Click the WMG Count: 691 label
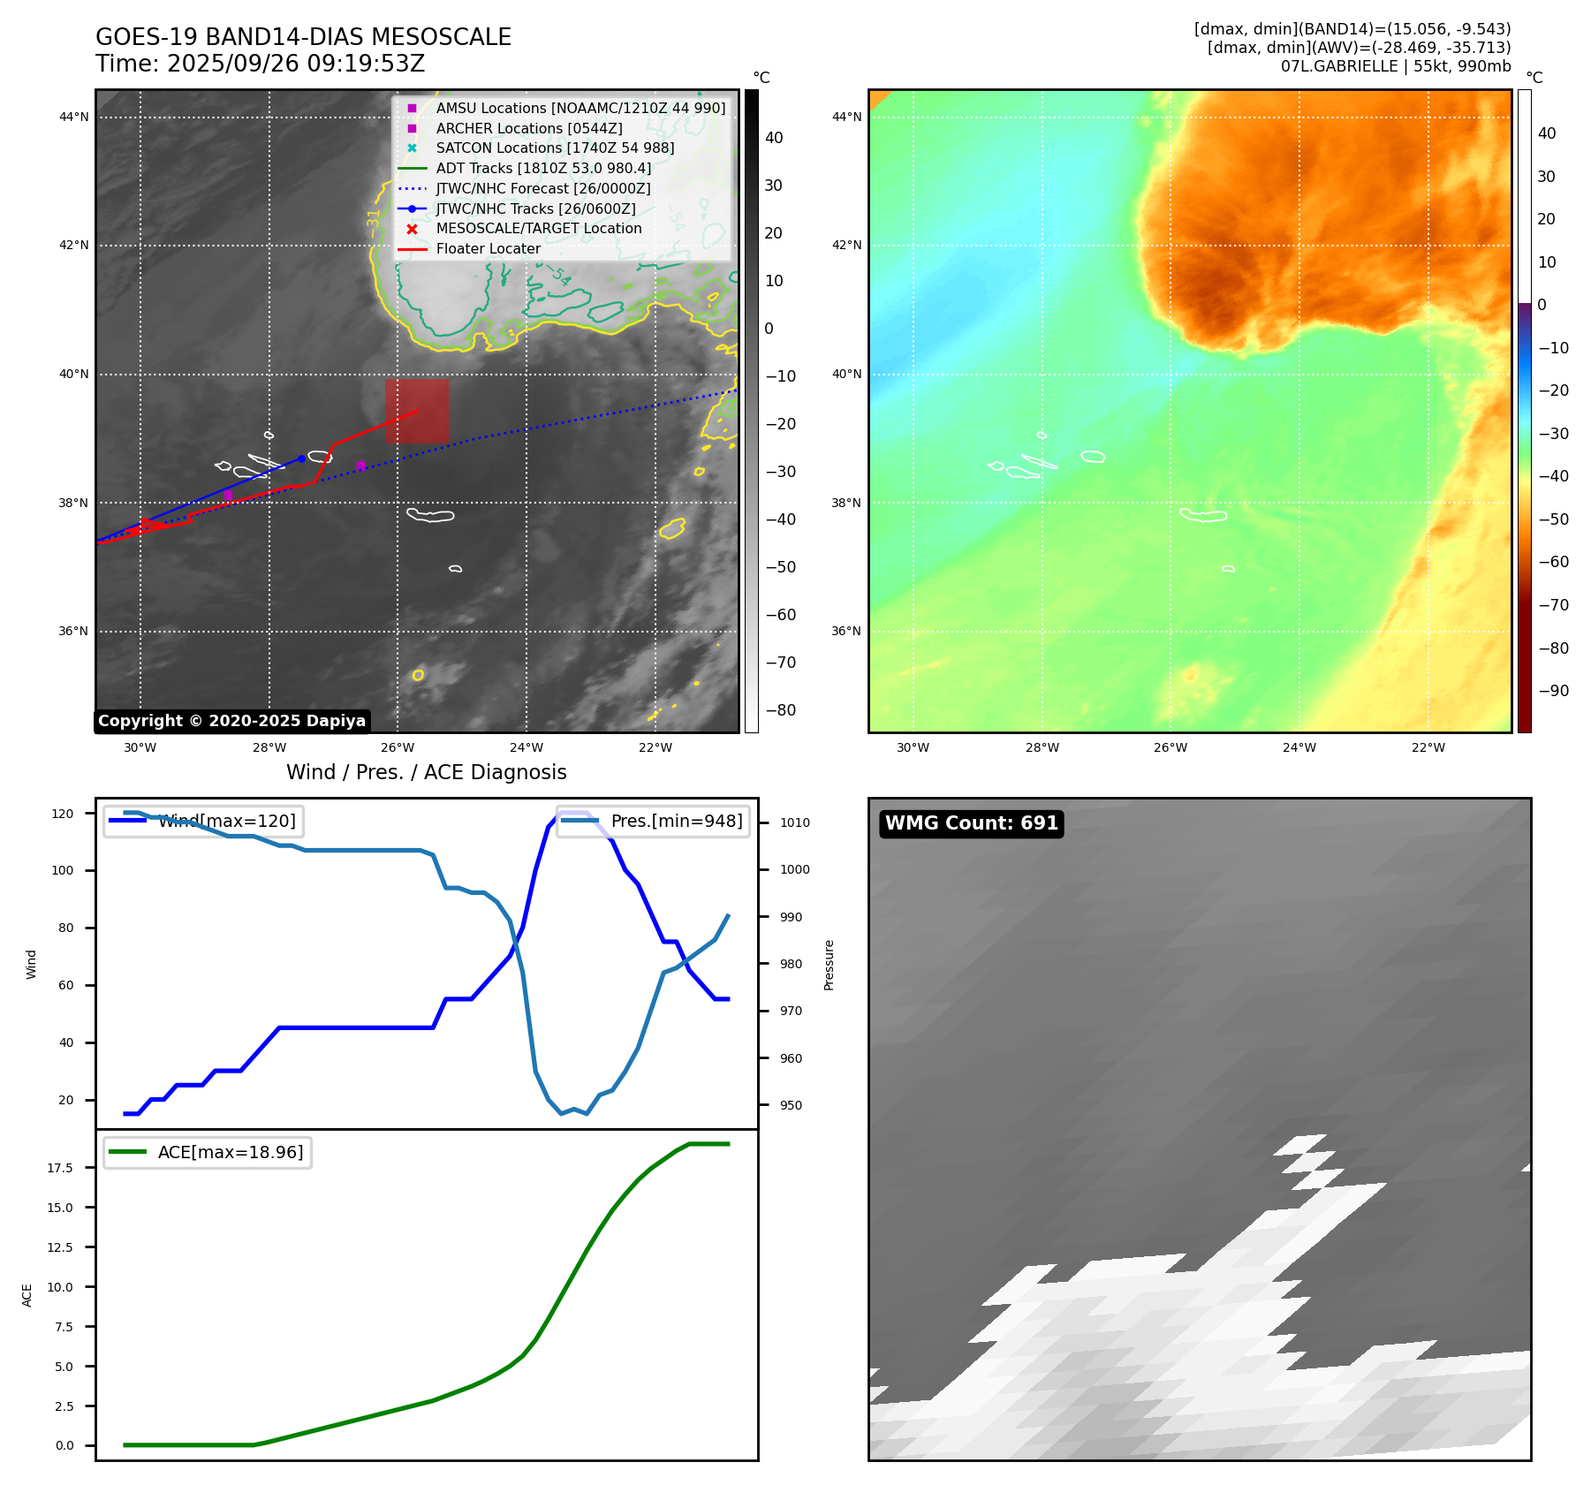point(971,823)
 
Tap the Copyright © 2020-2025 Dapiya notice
point(231,721)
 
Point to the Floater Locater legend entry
point(488,249)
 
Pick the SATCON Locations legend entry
point(555,148)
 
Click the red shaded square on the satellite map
point(416,411)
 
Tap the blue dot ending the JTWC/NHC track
point(301,459)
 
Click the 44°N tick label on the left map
point(73,117)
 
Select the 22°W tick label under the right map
point(1428,747)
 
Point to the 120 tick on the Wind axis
point(63,814)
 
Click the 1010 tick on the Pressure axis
point(794,822)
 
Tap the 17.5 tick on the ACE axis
point(60,1168)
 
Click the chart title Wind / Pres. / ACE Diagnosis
point(427,772)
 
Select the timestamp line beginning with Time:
point(261,64)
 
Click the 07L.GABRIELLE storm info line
point(1396,66)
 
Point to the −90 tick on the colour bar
point(1553,691)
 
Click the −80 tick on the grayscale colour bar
point(780,710)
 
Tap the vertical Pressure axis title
point(829,965)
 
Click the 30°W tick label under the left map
point(140,747)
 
